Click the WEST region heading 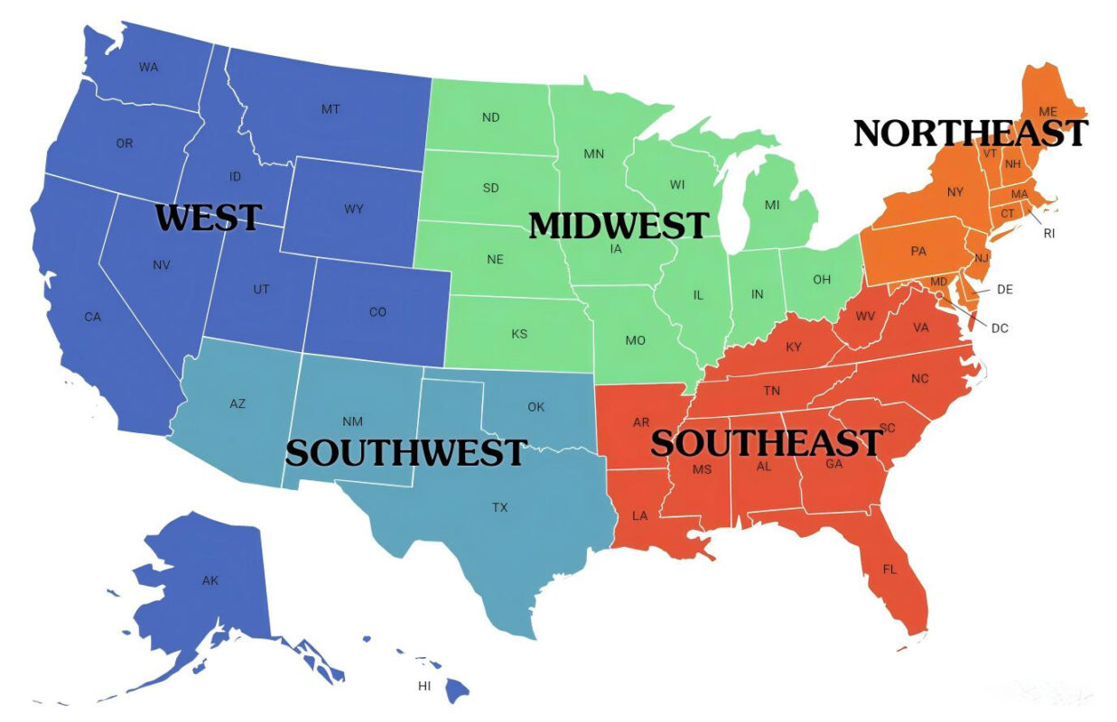coord(209,218)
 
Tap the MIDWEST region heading coord(619,225)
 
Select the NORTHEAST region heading coord(971,134)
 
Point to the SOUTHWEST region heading coord(405,451)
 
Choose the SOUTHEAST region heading coord(766,442)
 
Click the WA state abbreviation coord(149,67)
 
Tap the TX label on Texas coord(499,507)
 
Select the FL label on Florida coord(890,569)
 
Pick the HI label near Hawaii coord(424,686)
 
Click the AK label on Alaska coord(210,580)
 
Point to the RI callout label coord(1048,233)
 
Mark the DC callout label coord(1000,329)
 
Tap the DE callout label coord(1005,290)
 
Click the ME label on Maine coord(1047,112)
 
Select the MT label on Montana coord(330,109)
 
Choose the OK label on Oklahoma coord(535,407)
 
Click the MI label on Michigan coord(772,205)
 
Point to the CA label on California coord(93,317)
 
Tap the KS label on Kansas coord(519,334)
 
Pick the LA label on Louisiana coord(639,516)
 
